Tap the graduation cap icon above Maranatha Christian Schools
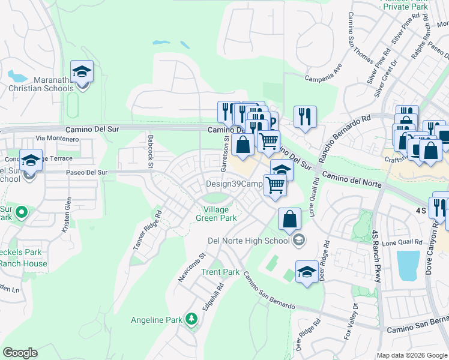coord(82,73)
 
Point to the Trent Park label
coord(220,272)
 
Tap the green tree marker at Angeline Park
coord(191,319)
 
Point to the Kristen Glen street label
coord(67,215)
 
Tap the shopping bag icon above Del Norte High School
coord(289,219)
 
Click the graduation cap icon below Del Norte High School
coord(306,271)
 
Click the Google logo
coord(20,353)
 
